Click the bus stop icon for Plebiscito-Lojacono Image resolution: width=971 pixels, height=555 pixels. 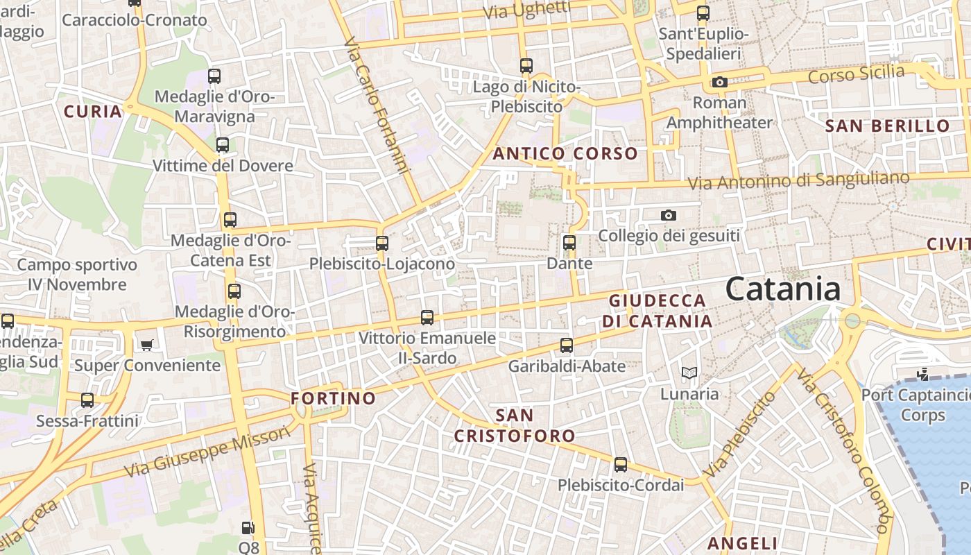[381, 244]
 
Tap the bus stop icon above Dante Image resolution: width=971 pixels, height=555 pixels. [569, 243]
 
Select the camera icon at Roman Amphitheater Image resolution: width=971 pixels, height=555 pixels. [720, 83]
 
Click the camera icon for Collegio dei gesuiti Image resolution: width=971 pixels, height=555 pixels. [669, 216]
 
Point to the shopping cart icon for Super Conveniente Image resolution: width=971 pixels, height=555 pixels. [146, 345]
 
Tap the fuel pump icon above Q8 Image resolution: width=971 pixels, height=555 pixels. [248, 528]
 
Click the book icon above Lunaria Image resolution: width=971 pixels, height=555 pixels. [689, 373]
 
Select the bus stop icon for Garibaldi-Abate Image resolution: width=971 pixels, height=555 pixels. [567, 345]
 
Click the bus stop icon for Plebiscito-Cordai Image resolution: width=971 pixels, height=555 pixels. [621, 465]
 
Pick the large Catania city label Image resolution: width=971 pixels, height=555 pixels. [783, 289]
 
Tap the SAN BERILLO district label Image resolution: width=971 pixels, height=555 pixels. [887, 126]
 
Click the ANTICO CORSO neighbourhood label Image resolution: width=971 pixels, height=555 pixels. [565, 154]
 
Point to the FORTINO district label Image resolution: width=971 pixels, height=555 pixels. [333, 399]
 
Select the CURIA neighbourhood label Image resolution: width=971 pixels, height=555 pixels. [93, 112]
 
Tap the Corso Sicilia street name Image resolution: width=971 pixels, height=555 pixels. [857, 74]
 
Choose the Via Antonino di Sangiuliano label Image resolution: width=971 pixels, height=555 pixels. [798, 180]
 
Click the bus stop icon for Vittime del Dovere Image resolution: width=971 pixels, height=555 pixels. [223, 145]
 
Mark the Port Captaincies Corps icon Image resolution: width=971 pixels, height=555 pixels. [922, 375]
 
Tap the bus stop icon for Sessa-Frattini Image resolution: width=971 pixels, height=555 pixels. [87, 400]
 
